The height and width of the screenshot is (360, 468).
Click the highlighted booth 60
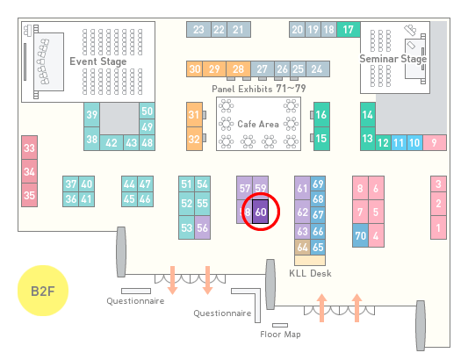tap(260, 212)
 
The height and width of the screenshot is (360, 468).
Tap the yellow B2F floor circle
tap(43, 291)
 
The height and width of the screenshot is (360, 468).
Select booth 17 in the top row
tap(349, 30)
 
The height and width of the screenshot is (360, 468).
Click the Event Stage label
tap(97, 61)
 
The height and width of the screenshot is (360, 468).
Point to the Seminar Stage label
tap(392, 59)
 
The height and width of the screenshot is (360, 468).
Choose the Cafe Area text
tap(258, 124)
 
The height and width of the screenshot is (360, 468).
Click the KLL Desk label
tap(310, 273)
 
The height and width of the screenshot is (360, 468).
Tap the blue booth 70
tap(360, 235)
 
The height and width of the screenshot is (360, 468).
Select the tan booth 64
tap(302, 247)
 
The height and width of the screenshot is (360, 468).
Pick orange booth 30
tap(195, 69)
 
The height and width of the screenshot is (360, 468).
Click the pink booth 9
tap(435, 143)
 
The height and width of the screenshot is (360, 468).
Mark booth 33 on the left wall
tap(29, 148)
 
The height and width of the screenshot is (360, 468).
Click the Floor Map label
tap(280, 334)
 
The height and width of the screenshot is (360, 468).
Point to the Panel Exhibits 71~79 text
tap(259, 89)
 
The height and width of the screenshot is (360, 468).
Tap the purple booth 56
tap(202, 227)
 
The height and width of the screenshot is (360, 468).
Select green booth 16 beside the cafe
tap(321, 115)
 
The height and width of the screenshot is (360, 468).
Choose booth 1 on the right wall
tap(438, 227)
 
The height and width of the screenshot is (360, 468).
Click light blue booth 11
tap(399, 143)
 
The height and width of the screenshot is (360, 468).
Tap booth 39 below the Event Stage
tap(91, 115)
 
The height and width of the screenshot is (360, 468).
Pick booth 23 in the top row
tap(198, 30)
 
